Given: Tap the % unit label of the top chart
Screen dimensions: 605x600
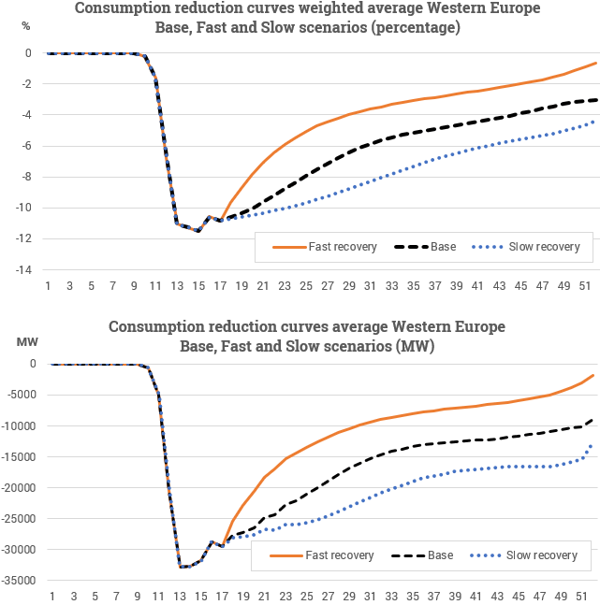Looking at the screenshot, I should pos(25,24).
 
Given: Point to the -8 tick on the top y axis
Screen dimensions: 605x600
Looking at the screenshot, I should pos(28,177).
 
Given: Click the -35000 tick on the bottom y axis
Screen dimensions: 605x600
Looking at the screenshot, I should pos(19,581).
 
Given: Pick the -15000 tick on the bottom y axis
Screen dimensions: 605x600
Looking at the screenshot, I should pos(19,456).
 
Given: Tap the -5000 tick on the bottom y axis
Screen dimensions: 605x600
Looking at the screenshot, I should pos(22,395).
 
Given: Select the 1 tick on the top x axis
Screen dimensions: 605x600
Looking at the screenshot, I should pos(48,285).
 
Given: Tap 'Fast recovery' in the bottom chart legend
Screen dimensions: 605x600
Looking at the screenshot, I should pos(337,555).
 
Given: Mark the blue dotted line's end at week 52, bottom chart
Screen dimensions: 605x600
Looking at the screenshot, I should pos(592,443).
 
